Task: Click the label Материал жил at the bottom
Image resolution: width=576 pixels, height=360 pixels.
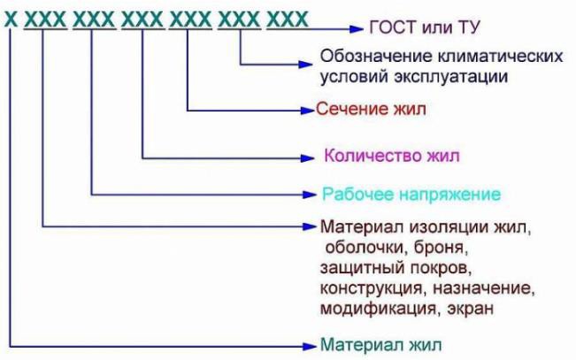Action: pos(380,343)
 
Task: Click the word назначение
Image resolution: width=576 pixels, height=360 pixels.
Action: pos(491,288)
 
